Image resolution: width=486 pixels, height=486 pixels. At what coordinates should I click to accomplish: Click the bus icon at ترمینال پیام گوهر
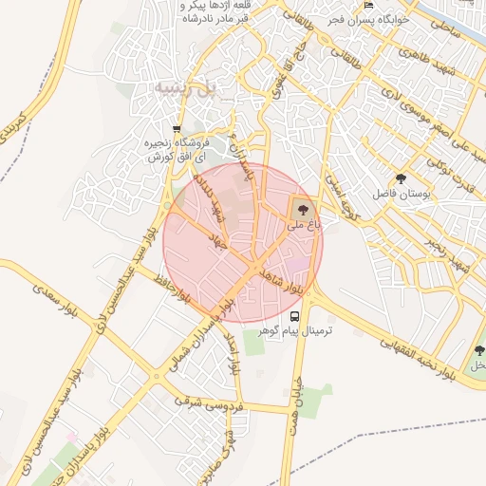point(294,315)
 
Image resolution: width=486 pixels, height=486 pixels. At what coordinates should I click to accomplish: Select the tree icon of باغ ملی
point(303,208)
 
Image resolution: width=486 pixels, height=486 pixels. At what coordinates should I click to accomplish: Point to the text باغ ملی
point(305,226)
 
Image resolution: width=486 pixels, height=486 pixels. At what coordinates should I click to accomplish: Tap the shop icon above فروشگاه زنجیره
point(177,129)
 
